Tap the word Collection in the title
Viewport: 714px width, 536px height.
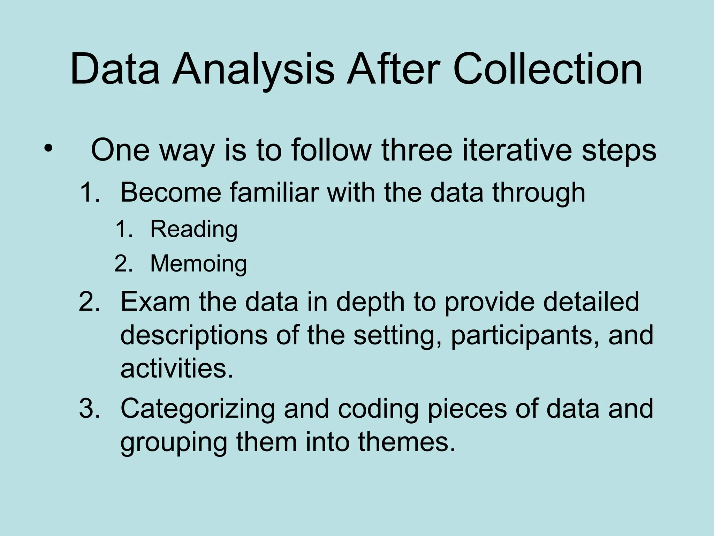(547, 69)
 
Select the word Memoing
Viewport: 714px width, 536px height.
(198, 264)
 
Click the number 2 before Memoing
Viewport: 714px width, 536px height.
(123, 264)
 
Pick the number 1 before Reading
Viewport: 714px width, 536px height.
(123, 230)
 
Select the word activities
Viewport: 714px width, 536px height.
(176, 368)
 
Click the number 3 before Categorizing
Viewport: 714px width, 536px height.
(89, 408)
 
